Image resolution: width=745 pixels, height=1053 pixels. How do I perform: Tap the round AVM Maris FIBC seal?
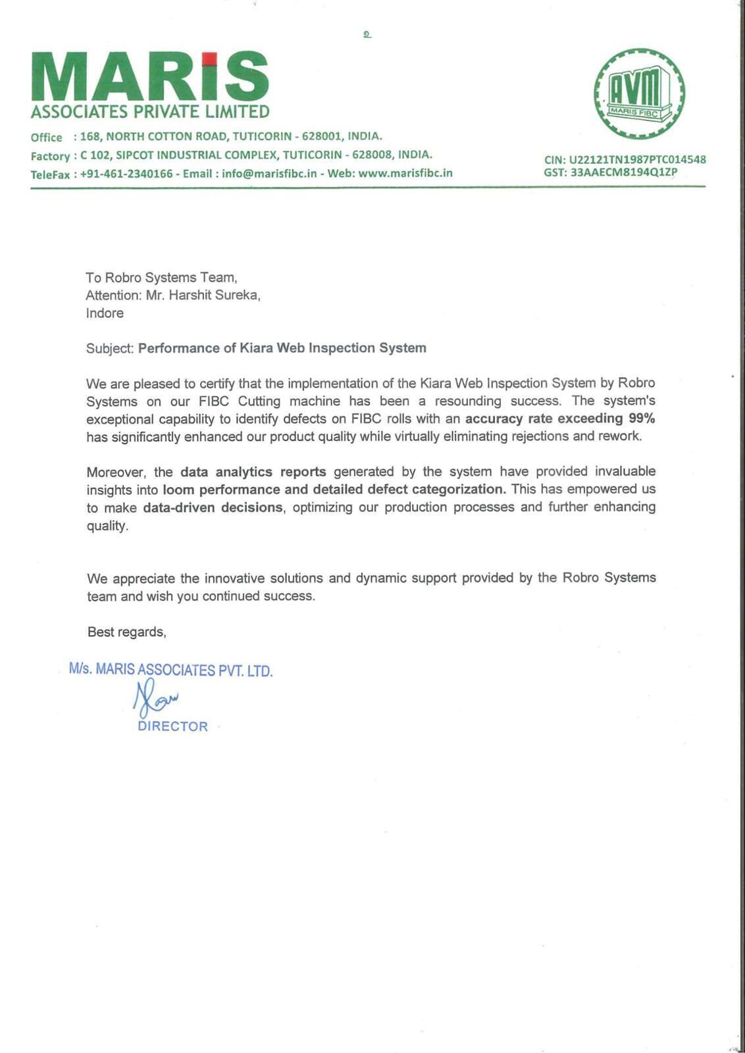tap(638, 93)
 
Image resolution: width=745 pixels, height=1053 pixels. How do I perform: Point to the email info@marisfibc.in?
tap(269, 174)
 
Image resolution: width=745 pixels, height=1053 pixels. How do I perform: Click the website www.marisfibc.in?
tap(405, 173)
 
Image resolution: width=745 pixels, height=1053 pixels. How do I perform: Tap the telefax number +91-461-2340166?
tap(126, 174)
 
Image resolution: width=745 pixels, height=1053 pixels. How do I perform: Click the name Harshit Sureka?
tap(214, 295)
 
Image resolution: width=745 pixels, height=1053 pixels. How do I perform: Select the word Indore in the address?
tap(105, 313)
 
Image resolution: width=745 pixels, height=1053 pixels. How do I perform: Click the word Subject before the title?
tap(109, 348)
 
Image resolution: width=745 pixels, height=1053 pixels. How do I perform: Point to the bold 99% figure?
tap(642, 419)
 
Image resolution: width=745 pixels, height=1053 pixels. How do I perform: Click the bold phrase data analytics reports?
tap(253, 472)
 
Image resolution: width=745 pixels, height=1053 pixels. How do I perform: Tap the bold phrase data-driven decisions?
tap(213, 507)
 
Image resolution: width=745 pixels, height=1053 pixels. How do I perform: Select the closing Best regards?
tap(126, 632)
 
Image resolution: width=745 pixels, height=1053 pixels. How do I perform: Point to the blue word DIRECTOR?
tap(172, 727)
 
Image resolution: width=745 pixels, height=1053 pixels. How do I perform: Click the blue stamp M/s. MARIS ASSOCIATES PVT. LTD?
tap(171, 670)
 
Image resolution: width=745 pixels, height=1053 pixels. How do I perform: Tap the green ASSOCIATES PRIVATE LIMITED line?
tap(150, 112)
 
